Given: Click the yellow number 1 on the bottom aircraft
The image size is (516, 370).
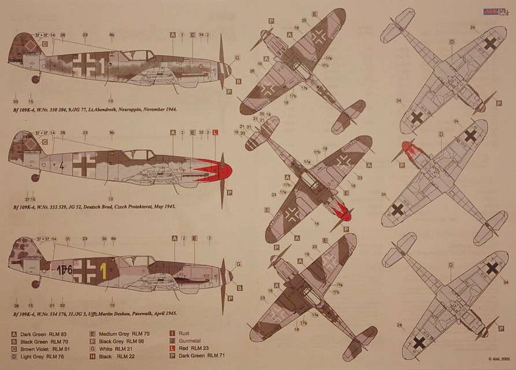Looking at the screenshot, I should click(103, 268).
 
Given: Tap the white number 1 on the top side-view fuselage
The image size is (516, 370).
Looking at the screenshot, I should click(102, 66).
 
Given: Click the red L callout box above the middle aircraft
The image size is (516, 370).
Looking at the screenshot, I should click(216, 132).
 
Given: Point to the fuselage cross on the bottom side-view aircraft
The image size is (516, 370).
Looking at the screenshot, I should click(85, 270).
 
